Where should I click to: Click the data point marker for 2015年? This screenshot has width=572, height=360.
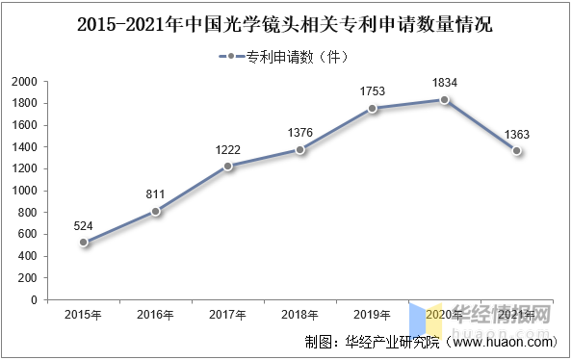(84, 243)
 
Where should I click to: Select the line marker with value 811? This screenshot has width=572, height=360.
(156, 211)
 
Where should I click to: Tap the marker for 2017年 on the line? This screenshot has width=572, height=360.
(228, 167)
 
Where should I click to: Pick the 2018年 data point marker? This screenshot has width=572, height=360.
(300, 149)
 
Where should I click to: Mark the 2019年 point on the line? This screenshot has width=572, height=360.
(373, 109)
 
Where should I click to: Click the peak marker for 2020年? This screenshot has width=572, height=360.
(444, 100)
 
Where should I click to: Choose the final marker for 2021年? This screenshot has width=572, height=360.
(517, 151)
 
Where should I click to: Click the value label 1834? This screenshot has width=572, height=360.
(444, 84)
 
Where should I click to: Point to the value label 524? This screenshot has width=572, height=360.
(84, 226)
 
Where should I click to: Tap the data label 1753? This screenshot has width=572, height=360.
(373, 92)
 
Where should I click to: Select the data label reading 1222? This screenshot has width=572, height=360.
(228, 150)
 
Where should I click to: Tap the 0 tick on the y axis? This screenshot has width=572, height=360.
(34, 299)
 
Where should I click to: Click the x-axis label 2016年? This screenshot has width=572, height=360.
(156, 315)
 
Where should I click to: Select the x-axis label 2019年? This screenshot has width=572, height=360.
(373, 315)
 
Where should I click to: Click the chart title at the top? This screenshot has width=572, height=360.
(285, 20)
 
